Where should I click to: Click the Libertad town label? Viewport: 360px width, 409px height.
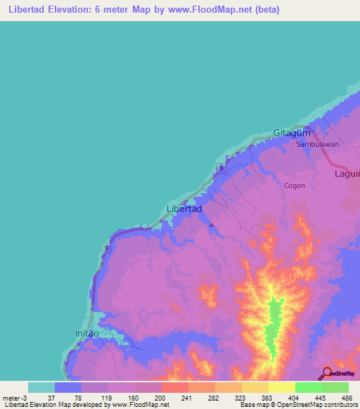click(185, 209)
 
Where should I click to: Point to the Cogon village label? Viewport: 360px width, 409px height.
click(294, 186)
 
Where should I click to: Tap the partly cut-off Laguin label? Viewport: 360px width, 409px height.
click(347, 173)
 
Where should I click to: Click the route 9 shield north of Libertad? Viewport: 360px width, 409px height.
click(221, 169)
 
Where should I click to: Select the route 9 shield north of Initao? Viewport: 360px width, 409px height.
click(106, 248)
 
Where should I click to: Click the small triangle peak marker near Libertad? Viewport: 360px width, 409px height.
click(212, 225)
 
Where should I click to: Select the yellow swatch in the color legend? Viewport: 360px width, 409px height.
click(281, 387)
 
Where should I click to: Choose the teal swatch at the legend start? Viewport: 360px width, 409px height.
click(41, 387)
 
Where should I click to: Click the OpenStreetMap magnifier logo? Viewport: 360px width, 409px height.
click(326, 374)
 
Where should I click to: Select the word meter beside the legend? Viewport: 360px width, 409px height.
click(12, 398)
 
